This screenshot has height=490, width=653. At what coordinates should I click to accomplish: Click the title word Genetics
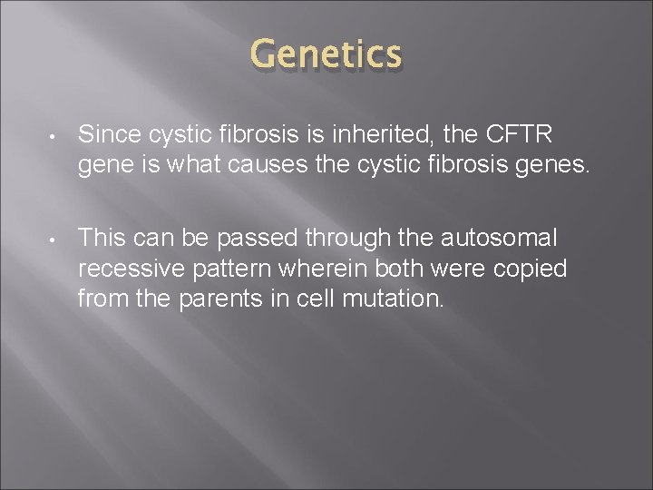326,55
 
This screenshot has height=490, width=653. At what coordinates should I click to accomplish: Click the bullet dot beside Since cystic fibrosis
54,137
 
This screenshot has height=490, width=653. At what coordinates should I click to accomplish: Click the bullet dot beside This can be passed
54,239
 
